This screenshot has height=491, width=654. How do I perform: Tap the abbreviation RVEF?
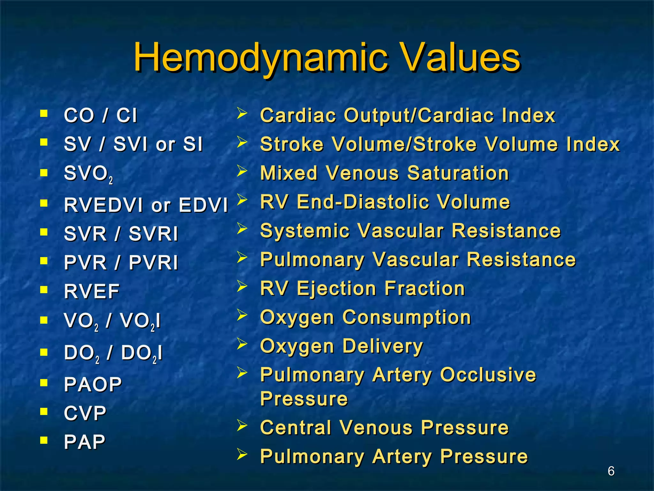point(92,291)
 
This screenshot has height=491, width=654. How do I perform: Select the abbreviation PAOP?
point(93,384)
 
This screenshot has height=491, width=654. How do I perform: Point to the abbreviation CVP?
point(85,413)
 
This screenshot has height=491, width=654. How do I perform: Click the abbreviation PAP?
point(85,442)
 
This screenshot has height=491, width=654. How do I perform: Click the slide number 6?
point(611,471)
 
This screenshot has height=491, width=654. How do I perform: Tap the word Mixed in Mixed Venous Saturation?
point(289,173)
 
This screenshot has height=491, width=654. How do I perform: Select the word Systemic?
point(305,230)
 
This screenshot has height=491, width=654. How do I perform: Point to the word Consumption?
point(407,317)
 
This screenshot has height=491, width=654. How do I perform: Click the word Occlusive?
point(488,375)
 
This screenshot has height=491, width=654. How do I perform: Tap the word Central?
point(296,427)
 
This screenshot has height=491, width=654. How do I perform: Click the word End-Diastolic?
point(363,202)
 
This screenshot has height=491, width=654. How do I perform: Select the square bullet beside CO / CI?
point(44,113)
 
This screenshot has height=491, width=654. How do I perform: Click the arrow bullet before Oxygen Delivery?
point(242,344)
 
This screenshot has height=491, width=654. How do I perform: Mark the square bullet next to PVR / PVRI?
point(44,261)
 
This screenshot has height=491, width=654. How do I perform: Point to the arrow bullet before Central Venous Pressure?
point(242,425)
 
